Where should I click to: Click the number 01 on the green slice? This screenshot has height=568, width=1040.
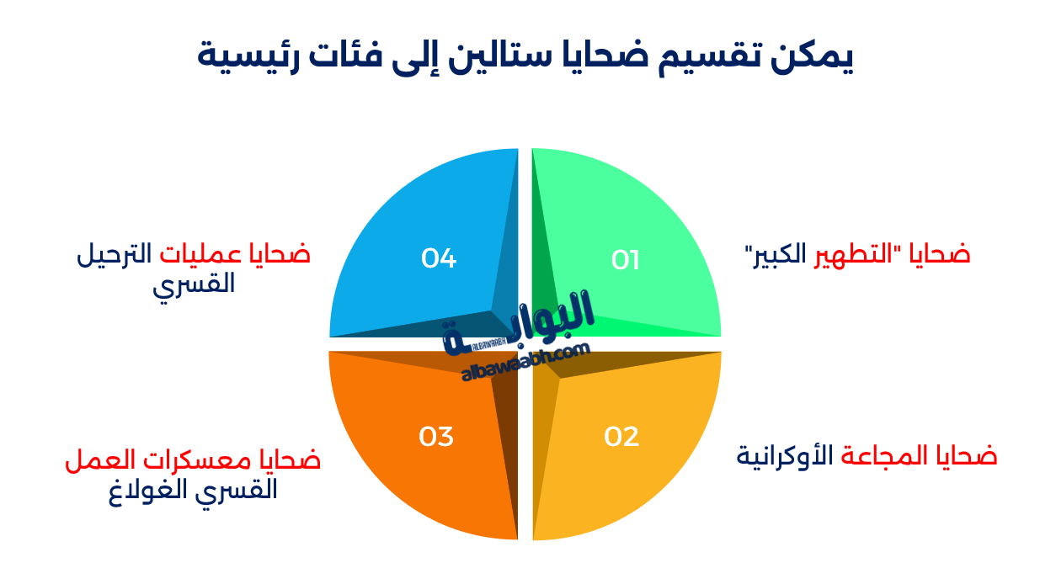point(626,260)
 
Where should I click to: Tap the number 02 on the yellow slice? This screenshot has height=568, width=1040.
point(622,437)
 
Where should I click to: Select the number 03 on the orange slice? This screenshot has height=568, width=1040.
point(436,437)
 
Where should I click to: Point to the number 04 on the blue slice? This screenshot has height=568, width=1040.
point(439,258)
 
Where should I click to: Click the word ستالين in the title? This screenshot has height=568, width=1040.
point(493,56)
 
